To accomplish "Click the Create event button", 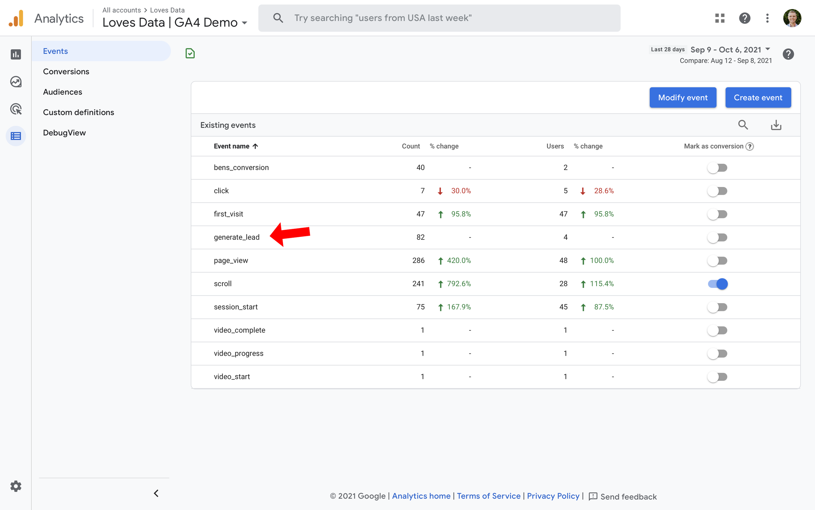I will (758, 98).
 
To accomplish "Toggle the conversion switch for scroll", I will (718, 284).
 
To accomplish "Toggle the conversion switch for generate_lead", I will (718, 238).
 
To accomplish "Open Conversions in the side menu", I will (66, 71).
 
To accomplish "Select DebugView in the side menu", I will (64, 133).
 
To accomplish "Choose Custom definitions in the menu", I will (79, 112).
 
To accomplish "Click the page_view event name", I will (231, 260).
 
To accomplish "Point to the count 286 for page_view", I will (418, 260).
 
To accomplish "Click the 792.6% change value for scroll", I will (459, 284).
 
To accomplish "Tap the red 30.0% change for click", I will (461, 191).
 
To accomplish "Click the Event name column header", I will (232, 147).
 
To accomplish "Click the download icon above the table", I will (776, 125).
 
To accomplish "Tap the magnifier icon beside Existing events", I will (743, 125).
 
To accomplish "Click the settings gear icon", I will (16, 487).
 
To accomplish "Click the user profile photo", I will (792, 18).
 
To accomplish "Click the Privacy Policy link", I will (553, 496).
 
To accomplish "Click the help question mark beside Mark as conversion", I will (750, 147).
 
